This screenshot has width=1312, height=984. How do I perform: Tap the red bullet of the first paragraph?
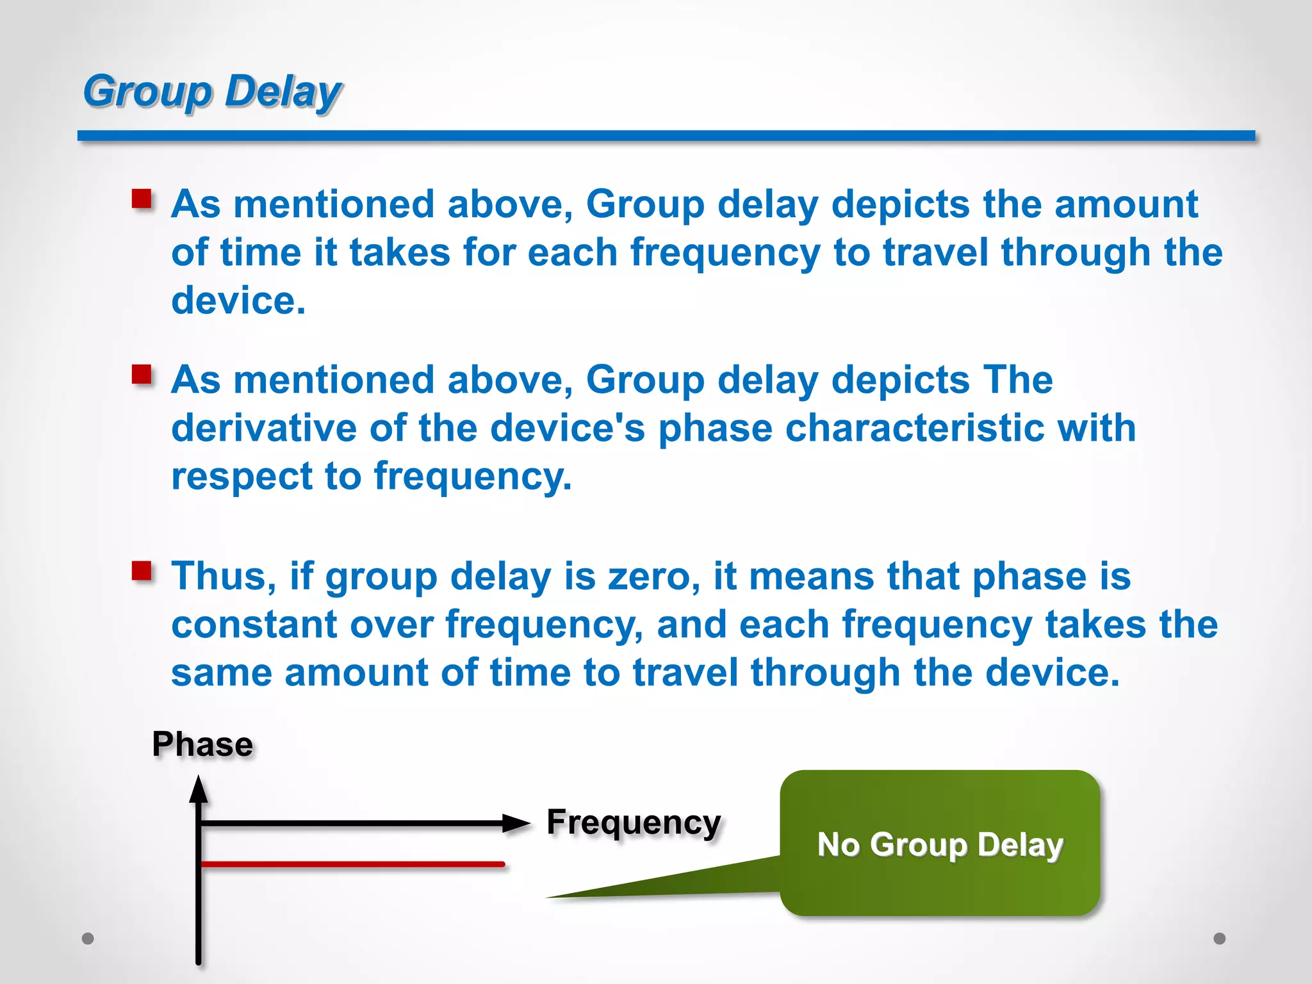142,199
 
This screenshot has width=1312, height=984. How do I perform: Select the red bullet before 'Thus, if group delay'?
142,570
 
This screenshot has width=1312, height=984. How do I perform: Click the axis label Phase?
202,744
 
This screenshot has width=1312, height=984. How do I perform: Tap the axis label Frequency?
633,823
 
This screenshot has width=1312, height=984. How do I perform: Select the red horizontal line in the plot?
352,864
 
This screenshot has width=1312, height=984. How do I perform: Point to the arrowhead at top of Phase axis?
199,789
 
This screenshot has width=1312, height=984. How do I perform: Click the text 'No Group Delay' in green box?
940,844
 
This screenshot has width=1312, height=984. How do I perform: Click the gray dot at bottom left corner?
88,939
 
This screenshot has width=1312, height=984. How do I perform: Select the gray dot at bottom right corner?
1220,939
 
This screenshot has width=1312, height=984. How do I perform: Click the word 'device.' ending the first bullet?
238,300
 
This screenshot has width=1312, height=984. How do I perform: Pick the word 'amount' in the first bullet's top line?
1126,204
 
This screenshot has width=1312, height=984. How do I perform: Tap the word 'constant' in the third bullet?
254,624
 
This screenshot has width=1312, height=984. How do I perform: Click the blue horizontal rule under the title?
666,135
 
